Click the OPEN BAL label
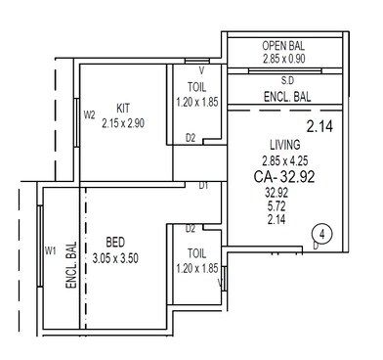point(286,46)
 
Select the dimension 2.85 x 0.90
point(286,60)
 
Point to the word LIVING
point(284,145)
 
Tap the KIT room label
point(123,109)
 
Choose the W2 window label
point(89,113)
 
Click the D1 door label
point(203,185)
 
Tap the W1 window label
point(50,250)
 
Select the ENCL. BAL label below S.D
point(287,98)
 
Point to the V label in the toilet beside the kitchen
point(201,70)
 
